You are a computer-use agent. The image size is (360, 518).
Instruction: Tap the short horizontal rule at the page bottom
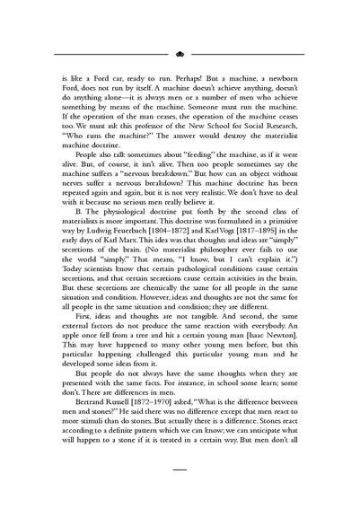point(180,469)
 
